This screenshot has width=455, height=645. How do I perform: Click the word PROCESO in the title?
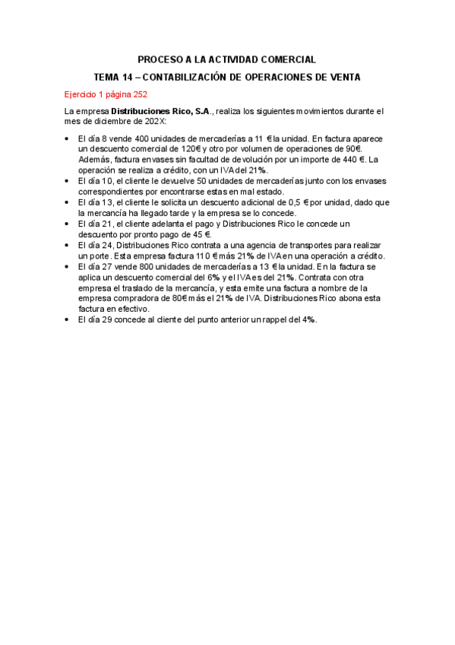(x=158, y=59)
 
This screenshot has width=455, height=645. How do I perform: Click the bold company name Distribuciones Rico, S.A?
(x=162, y=111)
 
